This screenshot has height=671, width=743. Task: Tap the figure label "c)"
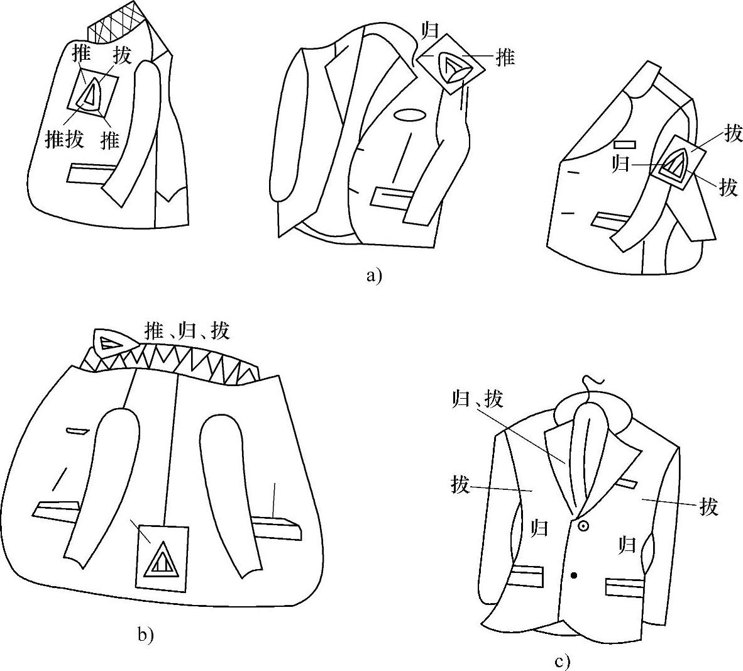pos(563,661)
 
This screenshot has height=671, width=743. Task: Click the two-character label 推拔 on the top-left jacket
pos(64,139)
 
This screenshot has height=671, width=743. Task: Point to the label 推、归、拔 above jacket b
pos(187,330)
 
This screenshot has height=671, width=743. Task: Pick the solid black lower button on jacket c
pos(574,575)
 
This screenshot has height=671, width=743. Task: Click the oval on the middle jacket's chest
pos(410,116)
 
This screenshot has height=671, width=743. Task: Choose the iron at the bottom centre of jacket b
pos(162,558)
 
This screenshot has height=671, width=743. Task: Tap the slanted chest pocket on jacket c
pos(627,484)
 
